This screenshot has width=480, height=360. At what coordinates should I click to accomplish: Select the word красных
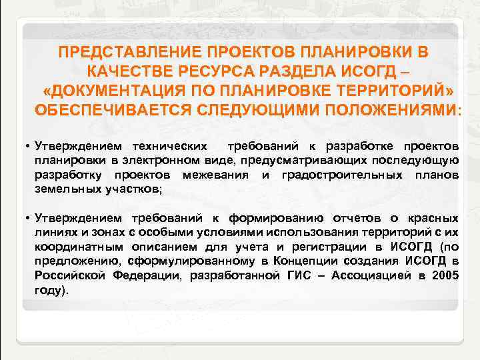point(435,218)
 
